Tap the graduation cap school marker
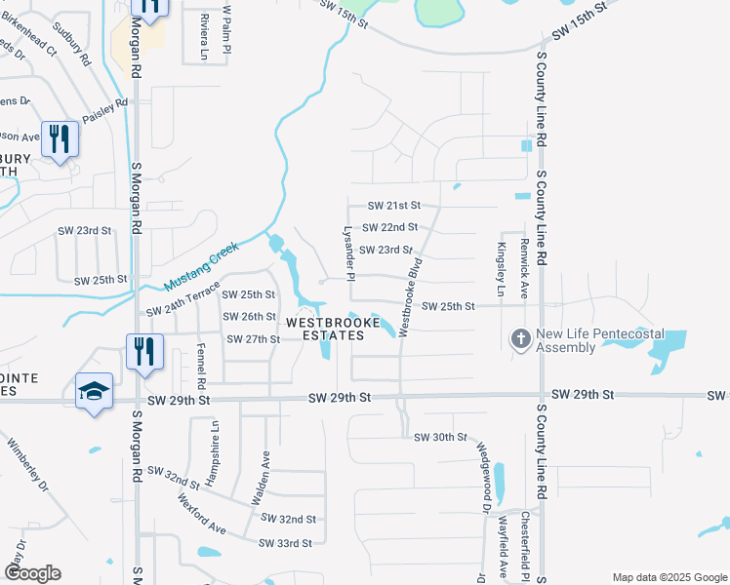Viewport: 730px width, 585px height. tap(94, 391)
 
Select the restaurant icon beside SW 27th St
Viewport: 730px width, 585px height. tap(144, 351)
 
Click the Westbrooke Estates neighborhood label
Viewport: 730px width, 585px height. tap(326, 329)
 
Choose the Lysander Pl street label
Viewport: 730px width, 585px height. tap(346, 250)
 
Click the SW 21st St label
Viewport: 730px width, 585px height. tap(393, 206)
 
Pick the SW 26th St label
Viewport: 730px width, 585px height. tap(249, 316)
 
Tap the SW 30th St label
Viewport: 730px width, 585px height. tap(441, 437)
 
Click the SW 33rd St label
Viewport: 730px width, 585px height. tap(285, 543)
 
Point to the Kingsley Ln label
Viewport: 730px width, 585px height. tap(502, 269)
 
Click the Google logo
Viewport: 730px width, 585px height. tap(32, 573)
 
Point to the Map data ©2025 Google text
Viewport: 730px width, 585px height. tap(669, 577)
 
